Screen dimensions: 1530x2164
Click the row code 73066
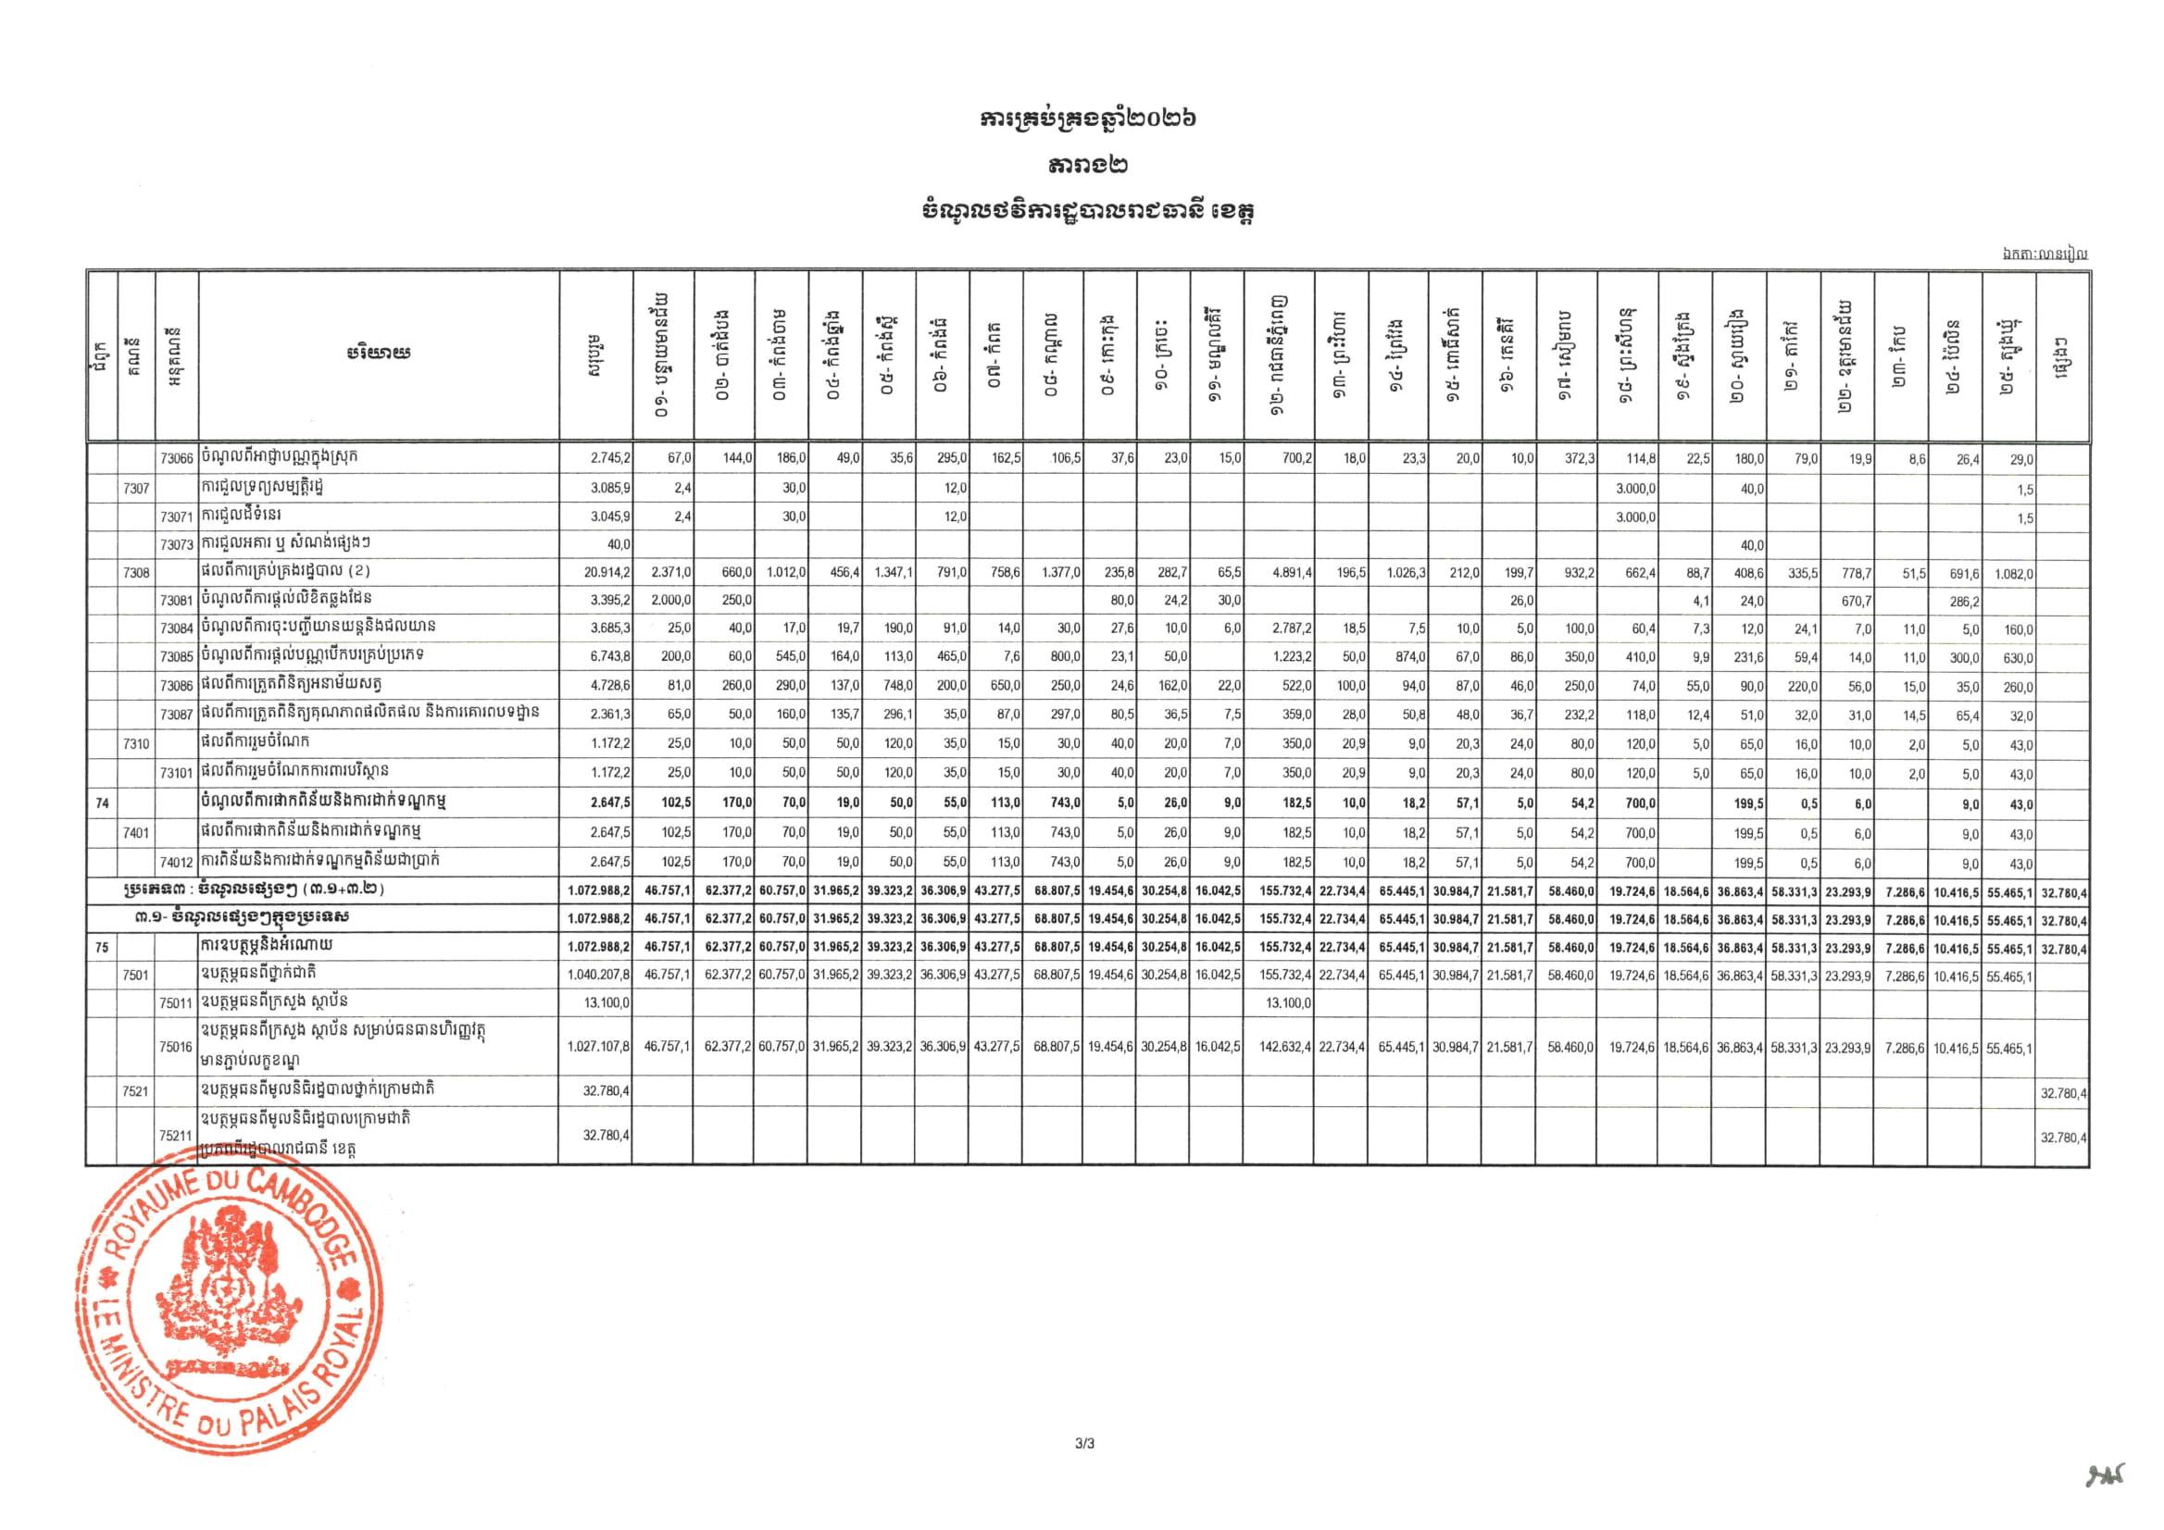coord(176,459)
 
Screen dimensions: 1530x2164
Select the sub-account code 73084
coord(176,629)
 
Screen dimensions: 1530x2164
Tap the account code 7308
coord(137,573)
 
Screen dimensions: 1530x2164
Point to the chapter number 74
coord(102,803)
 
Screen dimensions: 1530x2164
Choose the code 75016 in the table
coord(176,1048)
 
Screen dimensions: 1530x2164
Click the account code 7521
coord(137,1092)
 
